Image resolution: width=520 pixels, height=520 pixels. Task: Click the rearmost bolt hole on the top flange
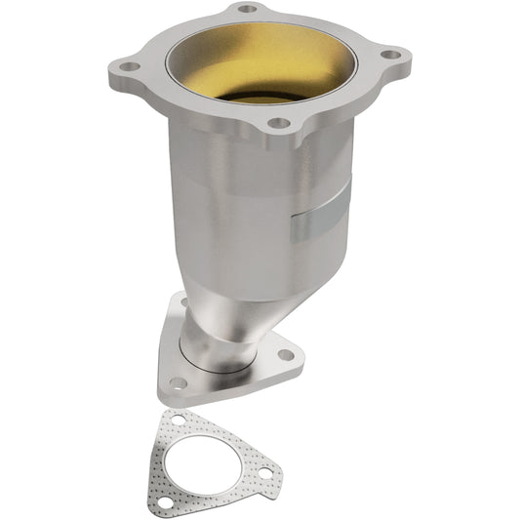coord(248,9)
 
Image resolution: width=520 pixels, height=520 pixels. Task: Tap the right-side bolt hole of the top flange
coord(390,56)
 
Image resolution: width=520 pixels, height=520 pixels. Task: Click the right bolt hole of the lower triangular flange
coord(285,354)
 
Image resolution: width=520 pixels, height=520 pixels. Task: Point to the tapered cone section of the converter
coord(234,283)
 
